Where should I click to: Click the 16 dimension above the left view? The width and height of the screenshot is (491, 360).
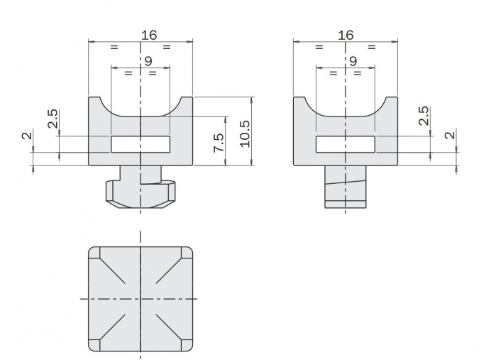pyautogui.click(x=149, y=35)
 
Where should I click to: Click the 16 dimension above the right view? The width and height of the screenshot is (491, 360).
pyautogui.click(x=346, y=35)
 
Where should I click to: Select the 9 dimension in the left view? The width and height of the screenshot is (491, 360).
pyautogui.click(x=148, y=61)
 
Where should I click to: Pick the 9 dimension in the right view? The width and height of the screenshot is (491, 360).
pyautogui.click(x=353, y=61)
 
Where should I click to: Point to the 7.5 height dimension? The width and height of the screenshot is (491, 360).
pyautogui.click(x=219, y=143)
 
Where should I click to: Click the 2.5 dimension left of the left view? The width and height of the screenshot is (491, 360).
pyautogui.click(x=53, y=119)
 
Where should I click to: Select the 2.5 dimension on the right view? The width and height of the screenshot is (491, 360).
pyautogui.click(x=424, y=116)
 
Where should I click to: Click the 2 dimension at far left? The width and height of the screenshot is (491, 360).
pyautogui.click(x=27, y=136)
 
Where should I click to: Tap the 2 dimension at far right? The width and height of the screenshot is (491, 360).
pyautogui.click(x=450, y=136)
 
